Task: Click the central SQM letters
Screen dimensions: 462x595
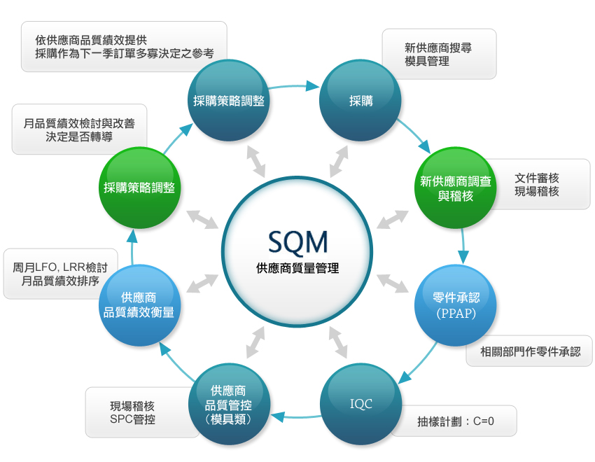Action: (297, 241)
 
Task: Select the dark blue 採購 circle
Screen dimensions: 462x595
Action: (360, 101)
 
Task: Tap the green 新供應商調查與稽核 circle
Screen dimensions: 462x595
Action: (456, 188)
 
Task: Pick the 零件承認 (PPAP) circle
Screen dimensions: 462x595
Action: (456, 305)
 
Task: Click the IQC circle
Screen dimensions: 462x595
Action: (360, 404)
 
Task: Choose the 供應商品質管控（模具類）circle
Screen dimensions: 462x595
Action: (228, 404)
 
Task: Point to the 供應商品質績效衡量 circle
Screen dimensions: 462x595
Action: (139, 304)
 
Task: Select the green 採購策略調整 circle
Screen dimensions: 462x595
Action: (139, 188)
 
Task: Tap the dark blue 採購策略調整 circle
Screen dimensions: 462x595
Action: (228, 101)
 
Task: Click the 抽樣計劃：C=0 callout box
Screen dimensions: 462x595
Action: (454, 421)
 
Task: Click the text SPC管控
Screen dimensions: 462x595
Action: (132, 419)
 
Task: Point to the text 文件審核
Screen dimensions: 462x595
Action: (537, 178)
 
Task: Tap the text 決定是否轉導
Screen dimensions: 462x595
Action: (79, 136)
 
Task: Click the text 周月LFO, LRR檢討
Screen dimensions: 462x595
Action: (60, 267)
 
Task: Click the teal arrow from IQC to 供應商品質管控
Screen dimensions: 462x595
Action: (294, 417)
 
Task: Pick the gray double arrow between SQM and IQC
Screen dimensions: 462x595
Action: (338, 342)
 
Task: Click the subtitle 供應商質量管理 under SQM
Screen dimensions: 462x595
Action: (297, 268)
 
